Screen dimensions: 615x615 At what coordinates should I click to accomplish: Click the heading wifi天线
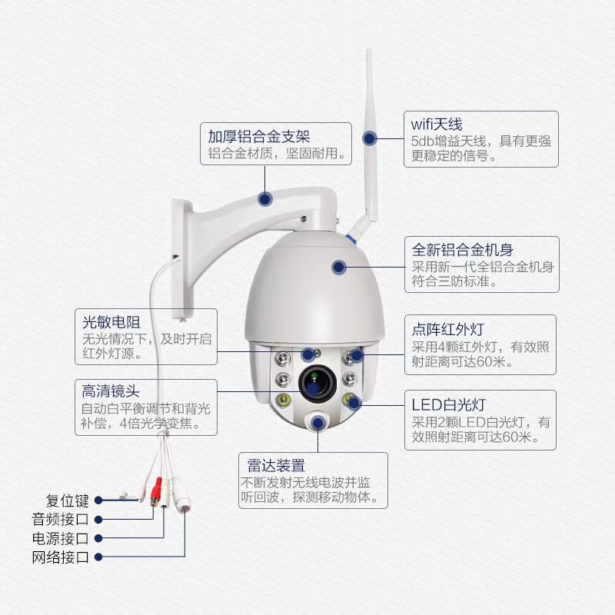437,124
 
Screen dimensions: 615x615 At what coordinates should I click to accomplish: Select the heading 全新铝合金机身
463,250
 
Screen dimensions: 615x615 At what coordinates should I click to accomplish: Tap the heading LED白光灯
448,404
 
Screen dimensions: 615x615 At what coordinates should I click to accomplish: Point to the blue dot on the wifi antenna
370,139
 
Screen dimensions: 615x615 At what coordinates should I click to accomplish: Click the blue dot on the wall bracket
265,198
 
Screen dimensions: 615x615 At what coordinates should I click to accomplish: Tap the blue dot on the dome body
338,267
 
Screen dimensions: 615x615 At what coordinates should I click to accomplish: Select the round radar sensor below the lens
317,421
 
